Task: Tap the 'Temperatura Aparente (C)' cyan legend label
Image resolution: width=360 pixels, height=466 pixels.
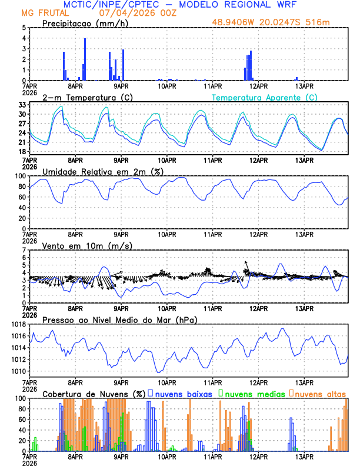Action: click(264, 97)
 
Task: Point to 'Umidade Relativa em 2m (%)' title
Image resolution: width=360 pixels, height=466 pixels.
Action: click(102, 171)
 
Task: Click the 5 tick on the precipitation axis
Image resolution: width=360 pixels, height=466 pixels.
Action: click(24, 28)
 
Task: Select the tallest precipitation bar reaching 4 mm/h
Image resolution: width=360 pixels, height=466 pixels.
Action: click(85, 59)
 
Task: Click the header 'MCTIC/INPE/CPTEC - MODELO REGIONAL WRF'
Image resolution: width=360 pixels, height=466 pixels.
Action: click(180, 4)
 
